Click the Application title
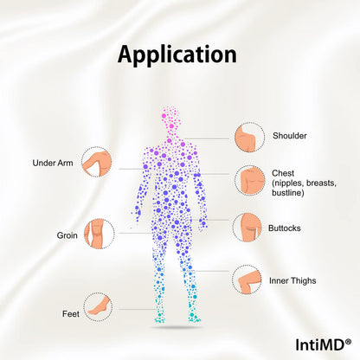177,55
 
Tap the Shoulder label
290,136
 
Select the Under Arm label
53,163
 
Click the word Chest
283,173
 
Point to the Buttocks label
285,228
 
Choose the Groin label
67,235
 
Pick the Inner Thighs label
292,280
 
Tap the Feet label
71,314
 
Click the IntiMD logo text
320,344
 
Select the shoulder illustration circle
249,137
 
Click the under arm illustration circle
96,162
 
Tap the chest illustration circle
249,181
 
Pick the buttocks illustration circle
247,228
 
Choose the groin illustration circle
100,234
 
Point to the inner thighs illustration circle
247,280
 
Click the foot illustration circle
99,306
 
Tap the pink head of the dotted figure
171,121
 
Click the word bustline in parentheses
286,193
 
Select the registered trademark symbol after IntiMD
348,342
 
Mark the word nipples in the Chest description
288,183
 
